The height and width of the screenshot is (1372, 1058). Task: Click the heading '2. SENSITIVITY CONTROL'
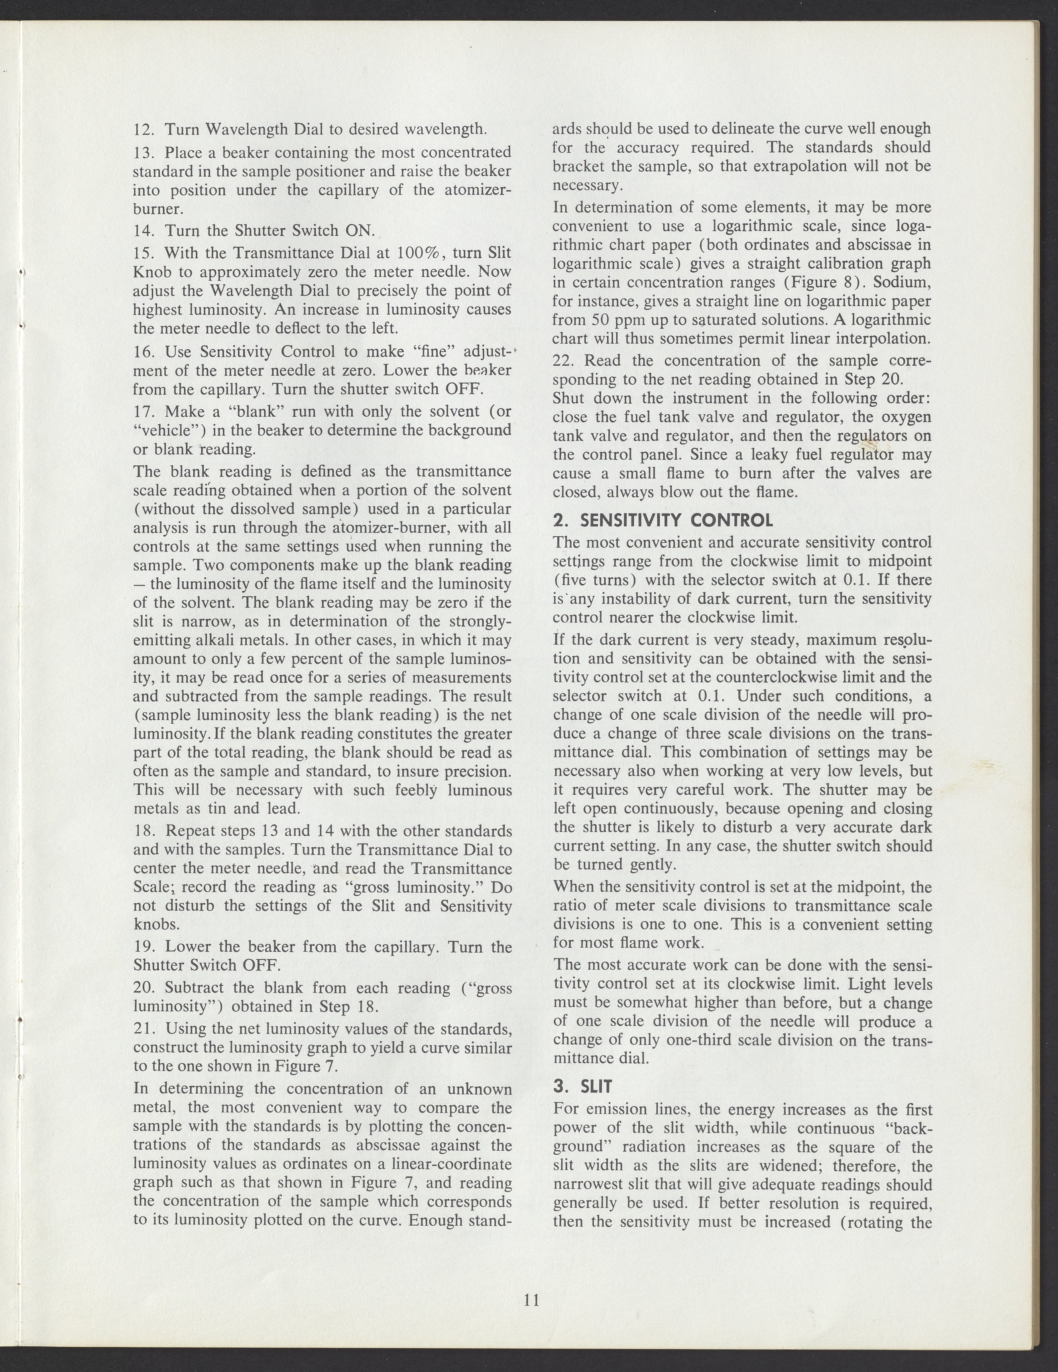[x=663, y=520]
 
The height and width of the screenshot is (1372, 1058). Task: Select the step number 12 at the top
[x=144, y=130]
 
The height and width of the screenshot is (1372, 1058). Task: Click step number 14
[x=144, y=230]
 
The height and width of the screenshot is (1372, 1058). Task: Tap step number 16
[x=144, y=351]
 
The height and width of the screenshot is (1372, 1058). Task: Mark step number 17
[x=144, y=411]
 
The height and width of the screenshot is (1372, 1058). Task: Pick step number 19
[x=144, y=947]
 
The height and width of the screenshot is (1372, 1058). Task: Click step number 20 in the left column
[x=144, y=988]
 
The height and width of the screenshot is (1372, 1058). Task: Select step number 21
[x=144, y=1029]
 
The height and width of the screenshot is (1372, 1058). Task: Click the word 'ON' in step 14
[x=359, y=230]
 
